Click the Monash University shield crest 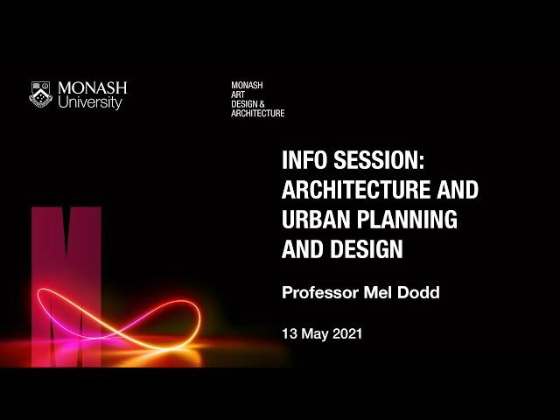pos(40,94)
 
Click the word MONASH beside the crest pos(93,88)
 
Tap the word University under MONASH pos(90,102)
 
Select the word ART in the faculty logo pos(238,94)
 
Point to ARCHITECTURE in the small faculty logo pos(258,113)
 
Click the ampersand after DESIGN pos(262,104)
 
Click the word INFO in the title pos(304,159)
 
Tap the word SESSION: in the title pos(379,159)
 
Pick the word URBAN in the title pos(316,219)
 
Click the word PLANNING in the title pos(408,219)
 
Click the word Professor pos(320,292)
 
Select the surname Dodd pos(418,292)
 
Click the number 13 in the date pos(290,333)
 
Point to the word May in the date pos(315,334)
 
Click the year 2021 pos(347,333)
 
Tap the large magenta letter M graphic pos(66,287)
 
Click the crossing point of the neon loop pos(118,332)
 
